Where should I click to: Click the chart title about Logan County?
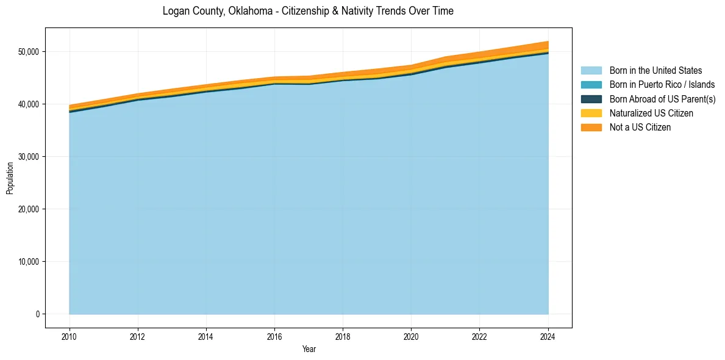point(308,11)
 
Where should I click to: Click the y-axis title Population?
point(10,178)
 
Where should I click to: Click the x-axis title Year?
point(309,349)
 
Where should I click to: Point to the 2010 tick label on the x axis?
point(70,336)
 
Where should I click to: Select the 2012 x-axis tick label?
point(138,336)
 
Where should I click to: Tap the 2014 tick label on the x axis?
point(206,336)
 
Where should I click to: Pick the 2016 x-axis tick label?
point(274,336)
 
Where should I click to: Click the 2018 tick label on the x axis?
point(343,336)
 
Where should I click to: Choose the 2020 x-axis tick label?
point(411,336)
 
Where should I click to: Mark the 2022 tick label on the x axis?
point(479,336)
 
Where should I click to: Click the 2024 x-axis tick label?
point(548,336)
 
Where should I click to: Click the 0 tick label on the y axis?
point(37,314)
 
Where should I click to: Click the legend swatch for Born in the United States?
point(591,71)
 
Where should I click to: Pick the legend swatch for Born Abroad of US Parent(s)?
point(591,99)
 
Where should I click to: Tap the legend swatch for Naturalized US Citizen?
point(591,113)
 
